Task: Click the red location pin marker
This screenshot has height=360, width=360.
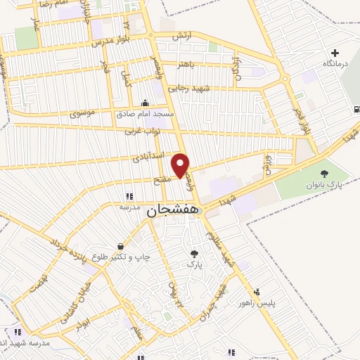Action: coord(181,165)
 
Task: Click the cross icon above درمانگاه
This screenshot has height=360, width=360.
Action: coord(335,53)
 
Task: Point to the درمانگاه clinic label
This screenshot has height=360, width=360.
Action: coord(335,64)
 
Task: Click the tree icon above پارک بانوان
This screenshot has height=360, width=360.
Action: coord(324,174)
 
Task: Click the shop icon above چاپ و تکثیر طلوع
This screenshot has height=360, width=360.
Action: coord(123,247)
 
